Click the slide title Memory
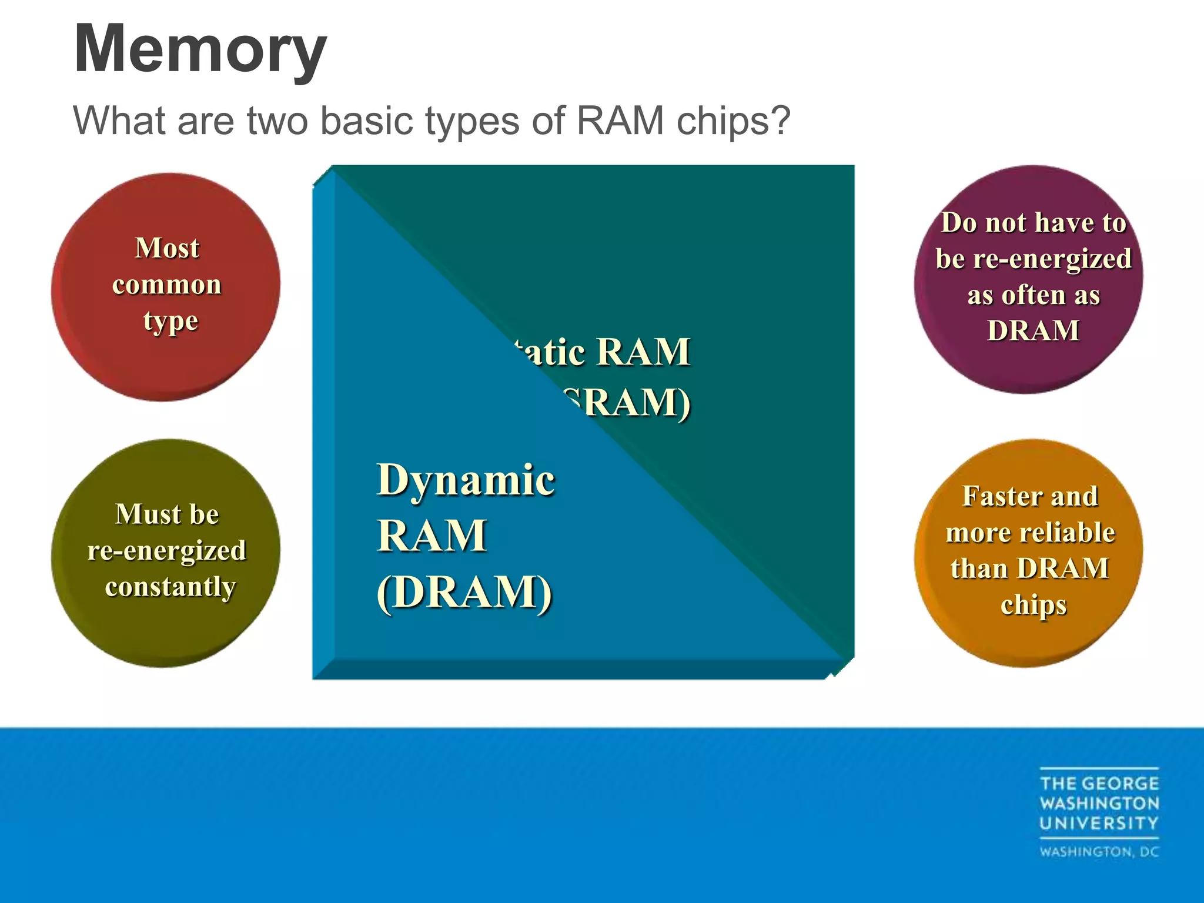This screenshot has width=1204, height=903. click(200, 50)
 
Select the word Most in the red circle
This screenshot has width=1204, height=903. click(167, 248)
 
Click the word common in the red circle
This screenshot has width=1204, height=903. click(167, 285)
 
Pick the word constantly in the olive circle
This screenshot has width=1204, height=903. click(170, 587)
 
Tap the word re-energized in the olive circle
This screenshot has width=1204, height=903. click(167, 551)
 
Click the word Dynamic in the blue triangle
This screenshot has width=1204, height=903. click(465, 480)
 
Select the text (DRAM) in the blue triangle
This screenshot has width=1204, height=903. click(464, 591)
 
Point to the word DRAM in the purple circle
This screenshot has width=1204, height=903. click(1033, 330)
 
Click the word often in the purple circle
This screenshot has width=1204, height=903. click(1033, 295)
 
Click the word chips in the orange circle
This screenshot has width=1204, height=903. click(1033, 605)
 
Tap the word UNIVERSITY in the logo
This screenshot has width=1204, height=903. click(1099, 823)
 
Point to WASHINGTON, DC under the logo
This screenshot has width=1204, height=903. click(1099, 852)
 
